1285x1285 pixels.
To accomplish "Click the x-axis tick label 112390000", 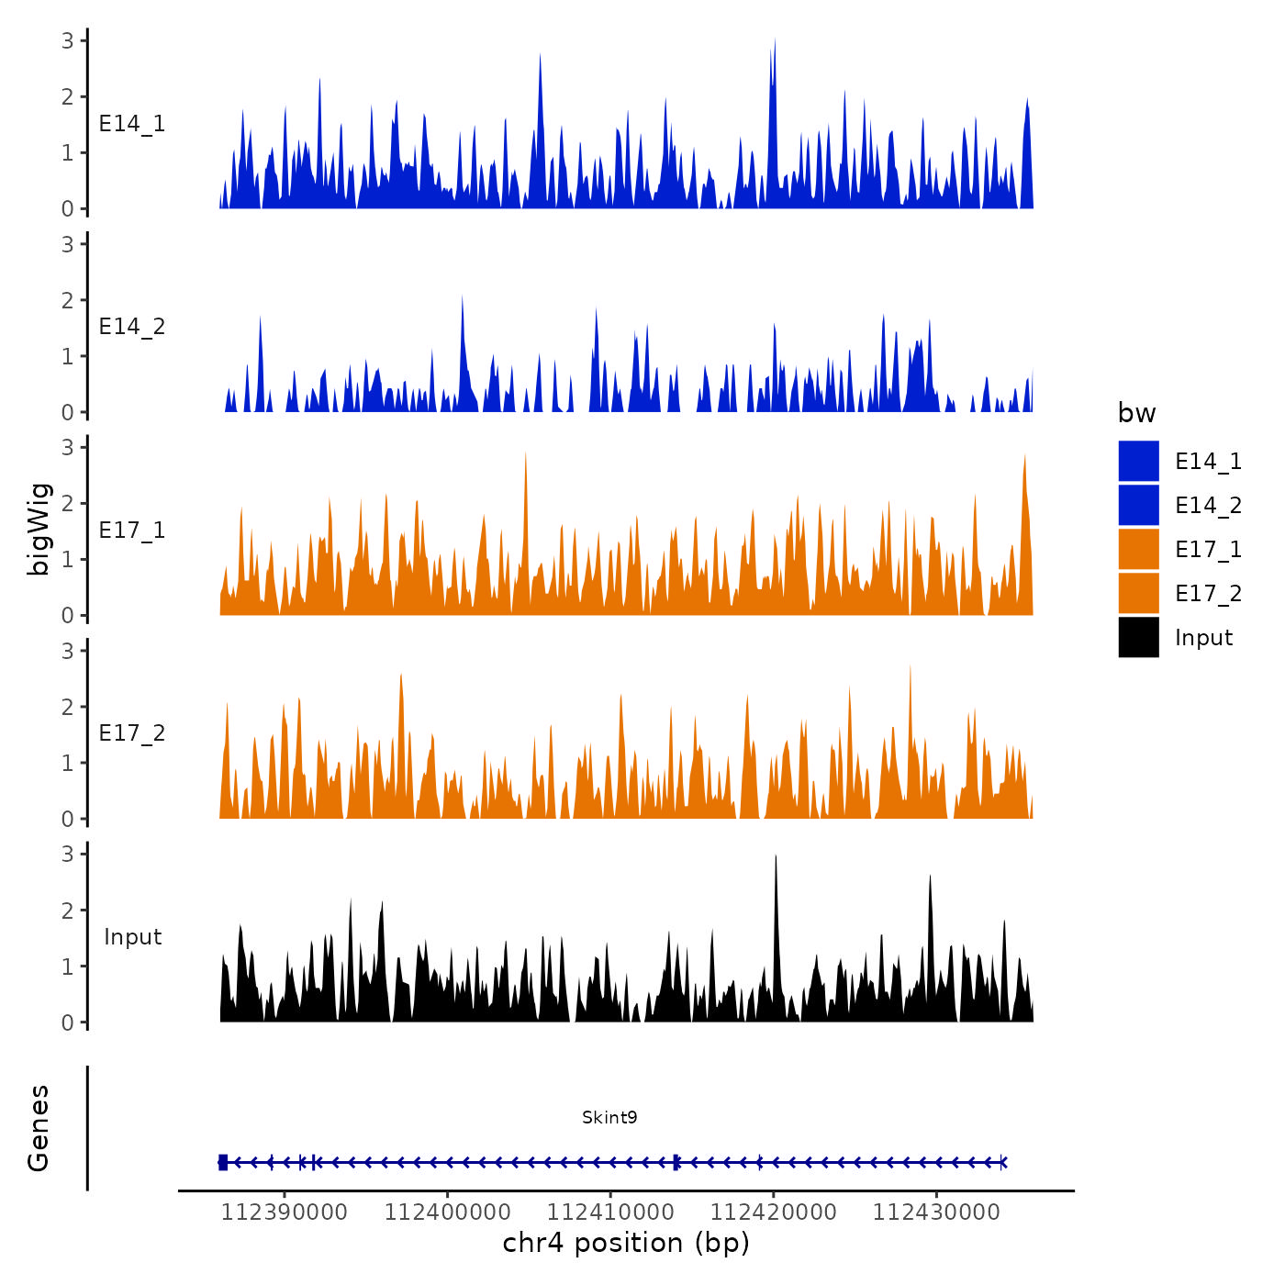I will pyautogui.click(x=285, y=1212).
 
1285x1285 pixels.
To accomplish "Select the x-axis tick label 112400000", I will pyautogui.click(x=448, y=1212).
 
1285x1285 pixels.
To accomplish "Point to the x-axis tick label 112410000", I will pyautogui.click(x=610, y=1212).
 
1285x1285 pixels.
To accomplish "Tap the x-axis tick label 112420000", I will pyautogui.click(x=774, y=1212).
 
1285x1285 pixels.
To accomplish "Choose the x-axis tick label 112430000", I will pyautogui.click(x=936, y=1212).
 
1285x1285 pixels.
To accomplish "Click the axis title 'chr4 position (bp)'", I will pyautogui.click(x=626, y=1243).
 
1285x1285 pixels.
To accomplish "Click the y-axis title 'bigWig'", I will pyautogui.click(x=39, y=529).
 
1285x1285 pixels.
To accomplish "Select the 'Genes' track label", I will pyautogui.click(x=39, y=1128).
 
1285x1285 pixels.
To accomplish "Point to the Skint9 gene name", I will pyautogui.click(x=609, y=1117).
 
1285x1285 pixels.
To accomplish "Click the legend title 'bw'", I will pyautogui.click(x=1136, y=413).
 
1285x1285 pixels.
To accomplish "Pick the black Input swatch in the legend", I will pyautogui.click(x=1138, y=638).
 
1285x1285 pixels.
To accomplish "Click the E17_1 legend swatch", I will pyautogui.click(x=1138, y=550).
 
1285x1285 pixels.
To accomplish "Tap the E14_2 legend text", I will pyautogui.click(x=1208, y=506).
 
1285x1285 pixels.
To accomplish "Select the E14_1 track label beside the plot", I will pyautogui.click(x=132, y=124).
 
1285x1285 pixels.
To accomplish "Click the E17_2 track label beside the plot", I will pyautogui.click(x=132, y=733).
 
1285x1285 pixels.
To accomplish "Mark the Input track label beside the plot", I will pyautogui.click(x=132, y=937).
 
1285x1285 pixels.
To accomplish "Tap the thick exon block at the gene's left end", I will pyautogui.click(x=223, y=1163).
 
